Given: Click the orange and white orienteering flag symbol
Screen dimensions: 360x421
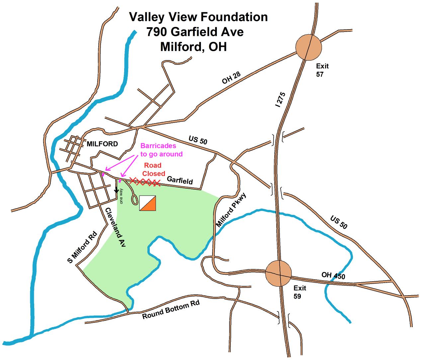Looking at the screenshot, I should coord(148,203).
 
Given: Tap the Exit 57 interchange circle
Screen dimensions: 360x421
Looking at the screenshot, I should coord(308,47).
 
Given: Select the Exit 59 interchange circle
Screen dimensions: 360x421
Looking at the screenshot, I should coord(279,273).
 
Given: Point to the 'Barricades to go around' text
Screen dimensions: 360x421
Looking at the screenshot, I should coord(161,150).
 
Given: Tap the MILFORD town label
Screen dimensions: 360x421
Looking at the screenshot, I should coord(102,144).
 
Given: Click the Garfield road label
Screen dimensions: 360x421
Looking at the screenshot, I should coord(180,180).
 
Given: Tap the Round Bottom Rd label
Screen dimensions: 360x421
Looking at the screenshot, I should coord(171,311).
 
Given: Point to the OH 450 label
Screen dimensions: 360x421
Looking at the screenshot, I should coord(333,275).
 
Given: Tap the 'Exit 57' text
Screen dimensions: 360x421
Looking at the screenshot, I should coord(322,70).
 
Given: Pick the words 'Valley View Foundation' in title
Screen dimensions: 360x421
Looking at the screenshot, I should coord(198,17).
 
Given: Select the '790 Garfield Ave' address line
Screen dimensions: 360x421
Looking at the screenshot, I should coord(195,32).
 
